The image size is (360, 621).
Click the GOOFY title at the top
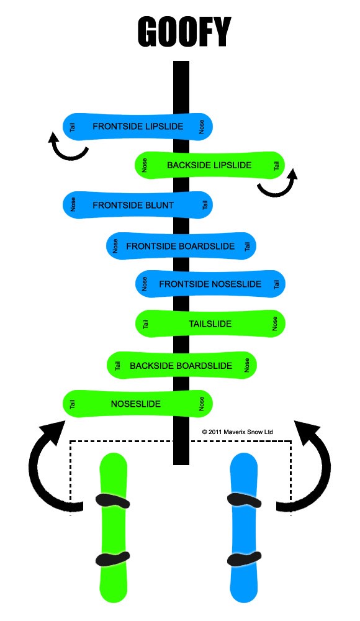coord(184,32)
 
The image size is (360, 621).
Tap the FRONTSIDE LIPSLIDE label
coord(138,126)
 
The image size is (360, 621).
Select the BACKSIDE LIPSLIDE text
coord(209,165)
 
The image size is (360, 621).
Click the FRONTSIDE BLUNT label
coord(133,205)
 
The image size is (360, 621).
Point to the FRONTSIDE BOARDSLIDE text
coord(180,247)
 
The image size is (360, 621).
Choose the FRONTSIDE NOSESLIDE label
coord(210,284)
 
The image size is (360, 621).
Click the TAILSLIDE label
coord(210,324)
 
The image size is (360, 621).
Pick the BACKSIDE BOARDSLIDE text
coord(181,366)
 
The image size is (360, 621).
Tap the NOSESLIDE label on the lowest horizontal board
coord(135,404)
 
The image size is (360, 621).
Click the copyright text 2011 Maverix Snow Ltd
coord(237,432)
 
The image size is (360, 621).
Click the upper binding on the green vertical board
coord(113,501)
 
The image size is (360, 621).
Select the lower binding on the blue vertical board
coord(244,558)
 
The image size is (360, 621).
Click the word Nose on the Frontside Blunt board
coord(73,205)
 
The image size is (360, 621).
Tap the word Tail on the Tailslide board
coord(145,324)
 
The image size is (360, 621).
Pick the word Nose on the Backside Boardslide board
coord(247,365)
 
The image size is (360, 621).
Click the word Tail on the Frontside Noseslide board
coord(276,284)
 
